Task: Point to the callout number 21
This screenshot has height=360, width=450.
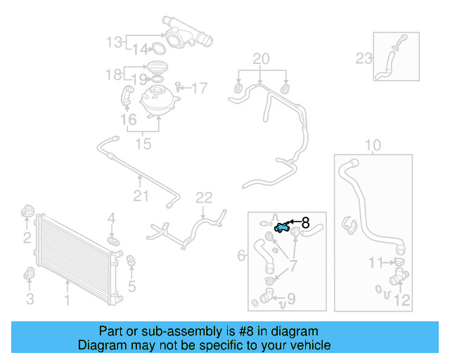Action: point(141,195)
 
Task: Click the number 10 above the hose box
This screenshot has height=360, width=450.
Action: point(373,146)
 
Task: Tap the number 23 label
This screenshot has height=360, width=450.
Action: point(364,58)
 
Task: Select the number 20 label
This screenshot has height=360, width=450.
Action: point(261,60)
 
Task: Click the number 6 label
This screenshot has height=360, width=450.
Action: point(241,255)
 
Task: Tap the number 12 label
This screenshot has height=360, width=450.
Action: point(401,301)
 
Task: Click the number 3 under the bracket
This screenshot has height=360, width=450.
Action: point(30,300)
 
